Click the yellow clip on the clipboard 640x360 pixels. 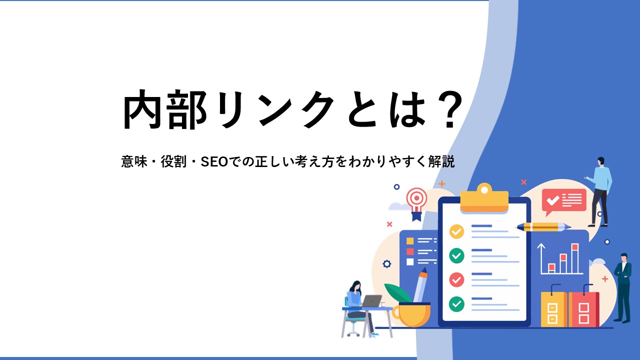pyautogui.click(x=484, y=197)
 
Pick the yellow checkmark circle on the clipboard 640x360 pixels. pyautogui.click(x=456, y=231)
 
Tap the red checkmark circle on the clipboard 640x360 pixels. pyautogui.click(x=456, y=279)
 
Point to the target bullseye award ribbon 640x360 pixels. pyautogui.click(x=416, y=203)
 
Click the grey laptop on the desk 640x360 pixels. pyautogui.click(x=371, y=301)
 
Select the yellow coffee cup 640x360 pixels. pyautogui.click(x=411, y=314)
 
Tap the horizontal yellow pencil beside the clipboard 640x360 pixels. pyautogui.click(x=543, y=227)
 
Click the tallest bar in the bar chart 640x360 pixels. pyautogui.click(x=575, y=258)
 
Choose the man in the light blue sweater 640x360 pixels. pyautogui.click(x=600, y=191)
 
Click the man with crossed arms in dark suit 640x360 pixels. pyautogui.click(x=622, y=287)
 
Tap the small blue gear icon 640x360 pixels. pyautogui.click(x=387, y=263)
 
